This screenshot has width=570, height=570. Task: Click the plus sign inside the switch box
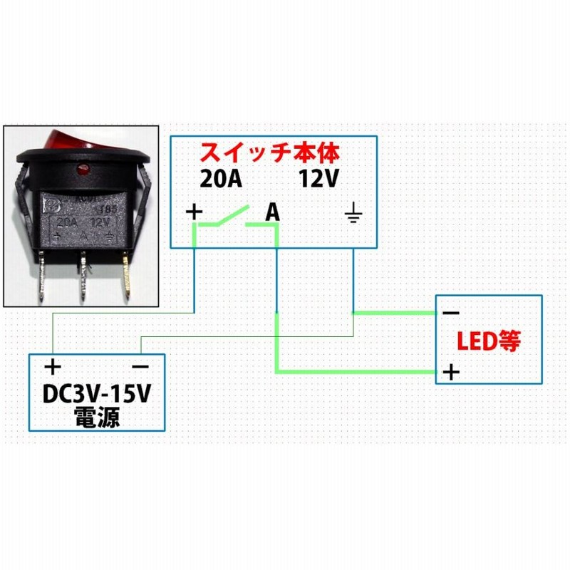pyautogui.click(x=194, y=211)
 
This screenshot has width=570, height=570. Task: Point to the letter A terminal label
pyautogui.click(x=272, y=212)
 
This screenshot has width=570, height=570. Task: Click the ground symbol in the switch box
pyautogui.click(x=353, y=213)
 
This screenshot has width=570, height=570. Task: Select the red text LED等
pyautogui.click(x=489, y=343)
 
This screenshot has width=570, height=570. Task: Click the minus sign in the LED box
pyautogui.click(x=450, y=313)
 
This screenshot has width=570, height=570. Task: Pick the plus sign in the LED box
pyautogui.click(x=450, y=372)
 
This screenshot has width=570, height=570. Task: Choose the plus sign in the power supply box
pyautogui.click(x=53, y=367)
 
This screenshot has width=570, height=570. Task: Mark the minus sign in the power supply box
pyautogui.click(x=140, y=367)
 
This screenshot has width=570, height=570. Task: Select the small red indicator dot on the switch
pyautogui.click(x=81, y=171)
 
